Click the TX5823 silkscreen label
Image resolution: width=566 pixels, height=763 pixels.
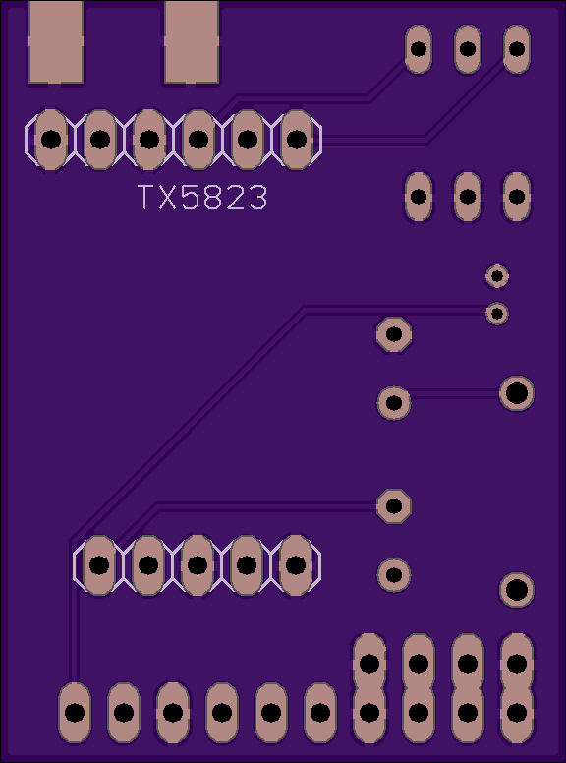(x=202, y=197)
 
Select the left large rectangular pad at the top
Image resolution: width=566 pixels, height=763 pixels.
(x=56, y=42)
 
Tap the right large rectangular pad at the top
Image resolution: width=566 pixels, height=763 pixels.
(x=191, y=42)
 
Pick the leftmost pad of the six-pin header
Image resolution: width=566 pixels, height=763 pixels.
(x=51, y=140)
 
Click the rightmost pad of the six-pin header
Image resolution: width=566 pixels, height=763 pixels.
(x=297, y=140)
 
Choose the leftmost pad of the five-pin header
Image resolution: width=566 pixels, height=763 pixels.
(x=99, y=565)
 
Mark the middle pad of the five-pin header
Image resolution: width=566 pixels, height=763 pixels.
(x=198, y=565)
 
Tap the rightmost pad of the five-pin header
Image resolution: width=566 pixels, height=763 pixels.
(x=296, y=565)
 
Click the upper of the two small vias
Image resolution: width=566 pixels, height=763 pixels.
(x=497, y=276)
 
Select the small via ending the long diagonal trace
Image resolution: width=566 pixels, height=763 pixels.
(x=497, y=314)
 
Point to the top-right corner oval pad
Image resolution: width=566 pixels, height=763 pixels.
(x=517, y=49)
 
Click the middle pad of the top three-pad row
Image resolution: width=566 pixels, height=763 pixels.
(x=468, y=49)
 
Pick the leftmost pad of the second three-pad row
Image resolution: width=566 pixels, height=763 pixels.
(x=419, y=197)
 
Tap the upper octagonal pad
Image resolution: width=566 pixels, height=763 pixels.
(x=394, y=334)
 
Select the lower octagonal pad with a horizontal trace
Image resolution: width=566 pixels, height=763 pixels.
(x=394, y=506)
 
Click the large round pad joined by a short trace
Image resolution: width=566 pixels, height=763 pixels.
(x=517, y=393)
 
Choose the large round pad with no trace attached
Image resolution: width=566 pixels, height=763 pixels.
(x=517, y=590)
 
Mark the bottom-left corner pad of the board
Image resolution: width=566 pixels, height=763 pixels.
(x=75, y=713)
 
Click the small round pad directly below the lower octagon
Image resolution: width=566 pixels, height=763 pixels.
(x=394, y=575)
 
